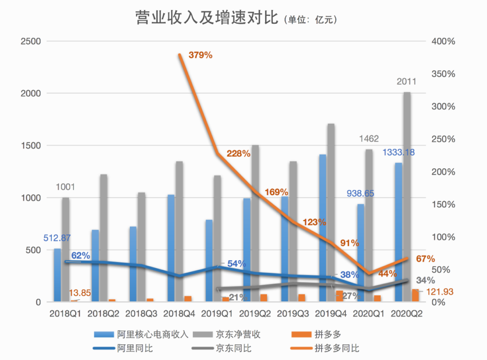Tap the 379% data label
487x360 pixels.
tap(200, 55)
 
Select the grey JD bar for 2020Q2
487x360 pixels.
tap(406, 197)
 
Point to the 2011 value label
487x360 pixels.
tap(406, 82)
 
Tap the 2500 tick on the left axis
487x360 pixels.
tap(31, 41)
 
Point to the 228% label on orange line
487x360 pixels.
tap(237, 154)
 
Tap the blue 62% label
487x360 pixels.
tap(81, 256)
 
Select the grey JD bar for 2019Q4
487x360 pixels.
tap(330, 213)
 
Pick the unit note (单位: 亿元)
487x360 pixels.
tap(310, 20)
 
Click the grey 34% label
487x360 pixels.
tap(425, 280)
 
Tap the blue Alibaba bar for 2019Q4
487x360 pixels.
tap(323, 228)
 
